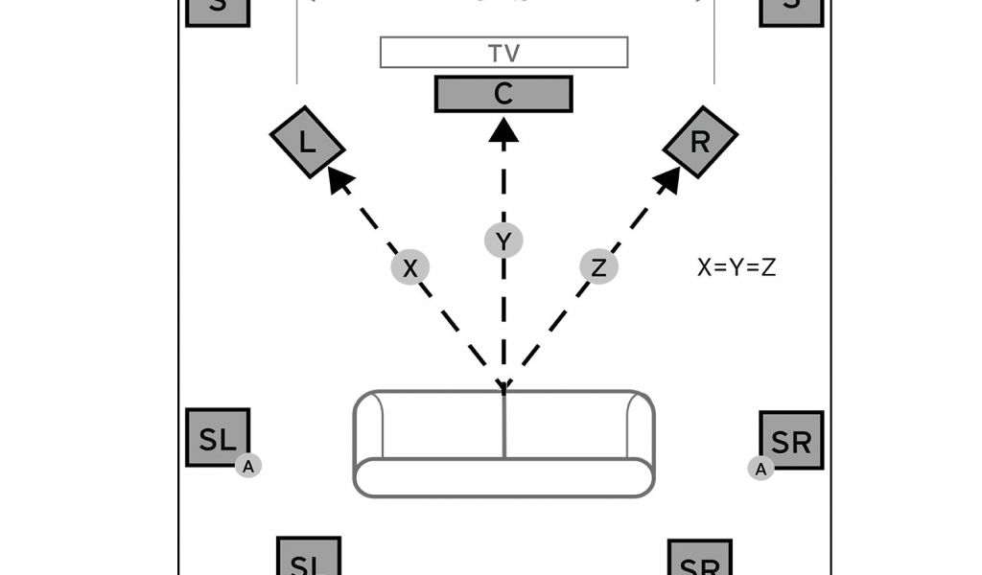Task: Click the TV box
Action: (x=504, y=53)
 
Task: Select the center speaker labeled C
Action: (x=503, y=94)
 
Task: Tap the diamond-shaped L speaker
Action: (x=307, y=142)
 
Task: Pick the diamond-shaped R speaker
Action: (x=701, y=142)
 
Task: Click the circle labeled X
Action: (x=410, y=268)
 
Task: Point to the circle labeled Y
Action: (x=503, y=240)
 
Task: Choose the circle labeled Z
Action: (x=599, y=268)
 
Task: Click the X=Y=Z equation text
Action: (x=736, y=267)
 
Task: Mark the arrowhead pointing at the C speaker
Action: (x=503, y=129)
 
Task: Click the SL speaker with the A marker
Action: (x=217, y=438)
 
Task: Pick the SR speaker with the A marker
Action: (x=792, y=441)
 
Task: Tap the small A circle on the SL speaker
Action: (x=248, y=466)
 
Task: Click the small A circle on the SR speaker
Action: (x=760, y=468)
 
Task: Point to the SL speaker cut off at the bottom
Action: (x=309, y=558)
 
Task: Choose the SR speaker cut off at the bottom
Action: (x=700, y=559)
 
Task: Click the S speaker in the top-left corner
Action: (x=218, y=10)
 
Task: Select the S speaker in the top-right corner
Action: (x=791, y=10)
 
